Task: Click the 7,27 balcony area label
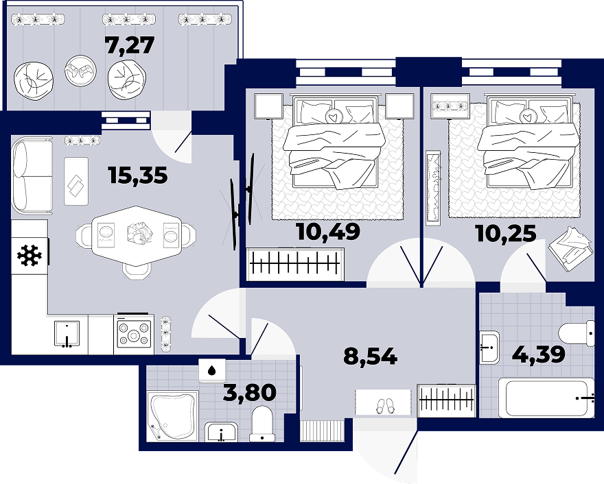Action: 130,46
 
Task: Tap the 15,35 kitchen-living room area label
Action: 138,176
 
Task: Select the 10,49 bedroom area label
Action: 328,232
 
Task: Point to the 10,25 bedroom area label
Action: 506,234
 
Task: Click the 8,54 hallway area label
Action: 370,356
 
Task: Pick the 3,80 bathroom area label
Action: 250,393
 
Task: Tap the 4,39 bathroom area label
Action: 539,354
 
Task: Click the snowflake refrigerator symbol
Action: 30,256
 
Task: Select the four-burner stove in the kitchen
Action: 134,334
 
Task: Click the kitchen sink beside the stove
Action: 67,334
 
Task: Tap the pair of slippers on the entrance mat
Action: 385,406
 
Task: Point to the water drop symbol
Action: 211,370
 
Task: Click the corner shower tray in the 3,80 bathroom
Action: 173,417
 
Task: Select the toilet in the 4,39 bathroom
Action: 577,333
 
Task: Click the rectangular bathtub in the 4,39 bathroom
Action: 546,398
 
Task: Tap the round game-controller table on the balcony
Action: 80,71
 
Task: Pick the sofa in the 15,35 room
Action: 32,176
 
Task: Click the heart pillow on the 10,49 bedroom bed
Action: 332,116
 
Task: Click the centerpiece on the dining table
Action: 139,234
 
